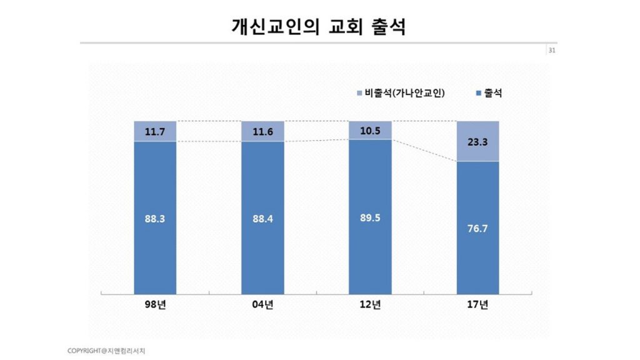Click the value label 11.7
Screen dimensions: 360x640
coord(155,132)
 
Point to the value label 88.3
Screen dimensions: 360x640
coord(155,219)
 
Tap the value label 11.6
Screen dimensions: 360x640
coord(262,132)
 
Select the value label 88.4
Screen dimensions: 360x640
coord(262,219)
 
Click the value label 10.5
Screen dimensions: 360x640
coord(371,131)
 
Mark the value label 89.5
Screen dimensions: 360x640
coord(371,219)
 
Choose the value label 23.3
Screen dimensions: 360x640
coord(478,142)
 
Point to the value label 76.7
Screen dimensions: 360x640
coord(478,228)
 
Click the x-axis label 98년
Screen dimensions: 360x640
coord(155,305)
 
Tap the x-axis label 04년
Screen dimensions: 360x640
coord(262,305)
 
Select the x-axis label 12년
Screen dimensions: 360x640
coord(371,305)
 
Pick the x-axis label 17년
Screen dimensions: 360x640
coord(478,305)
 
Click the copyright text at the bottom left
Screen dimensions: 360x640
coord(106,350)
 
